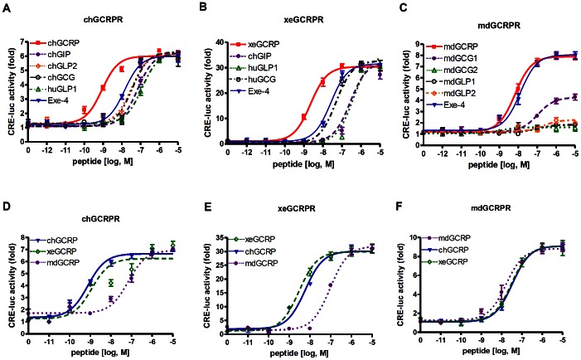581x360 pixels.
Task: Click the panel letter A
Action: click(6, 7)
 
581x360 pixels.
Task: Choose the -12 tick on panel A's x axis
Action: click(46, 155)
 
